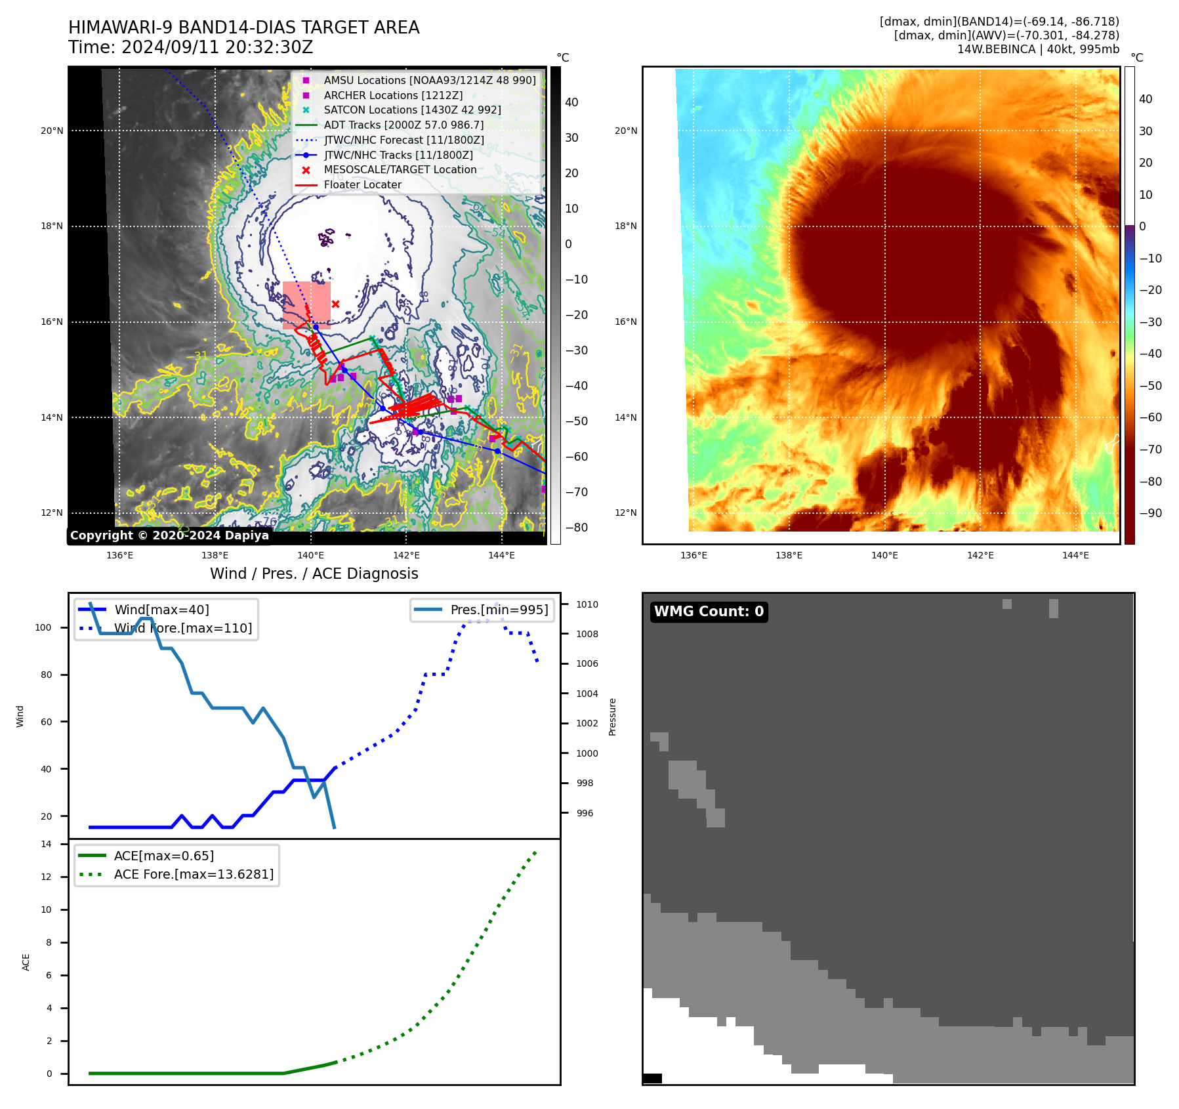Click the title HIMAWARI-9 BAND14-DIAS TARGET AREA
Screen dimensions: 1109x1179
coord(243,28)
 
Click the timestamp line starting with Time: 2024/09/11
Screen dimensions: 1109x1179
coord(190,48)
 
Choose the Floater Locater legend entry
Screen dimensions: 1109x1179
coord(362,184)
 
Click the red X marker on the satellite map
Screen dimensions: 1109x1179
coord(335,304)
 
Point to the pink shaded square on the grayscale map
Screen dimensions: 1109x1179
coord(306,305)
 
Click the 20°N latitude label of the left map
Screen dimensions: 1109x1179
coord(52,131)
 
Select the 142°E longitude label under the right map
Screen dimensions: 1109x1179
coord(980,555)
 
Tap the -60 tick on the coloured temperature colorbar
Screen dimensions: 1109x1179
coord(1150,417)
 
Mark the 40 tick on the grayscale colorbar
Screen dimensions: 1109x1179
coord(571,102)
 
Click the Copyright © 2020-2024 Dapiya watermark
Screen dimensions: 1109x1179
coord(169,535)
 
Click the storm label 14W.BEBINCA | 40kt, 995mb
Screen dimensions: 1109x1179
coord(1038,49)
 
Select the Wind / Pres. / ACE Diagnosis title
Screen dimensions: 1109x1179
coord(314,574)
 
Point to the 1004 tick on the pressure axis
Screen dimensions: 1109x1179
coord(587,694)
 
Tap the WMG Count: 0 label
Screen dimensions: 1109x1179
coord(709,612)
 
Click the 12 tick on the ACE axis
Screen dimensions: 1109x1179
coord(46,877)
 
